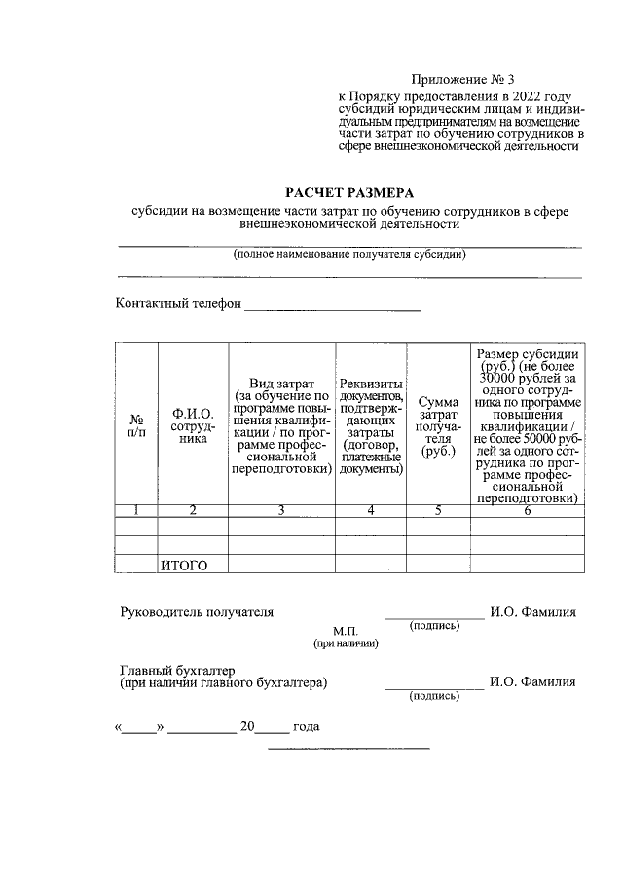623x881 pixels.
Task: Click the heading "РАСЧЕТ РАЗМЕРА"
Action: (x=348, y=192)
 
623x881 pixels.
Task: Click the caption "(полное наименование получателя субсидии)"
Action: (x=348, y=256)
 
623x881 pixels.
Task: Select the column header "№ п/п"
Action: (x=136, y=424)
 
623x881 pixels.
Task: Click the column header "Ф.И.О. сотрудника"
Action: (x=193, y=424)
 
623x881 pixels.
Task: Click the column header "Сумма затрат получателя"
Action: (x=438, y=424)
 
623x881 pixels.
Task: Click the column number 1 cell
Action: (x=136, y=510)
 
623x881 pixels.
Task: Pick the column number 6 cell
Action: (x=527, y=510)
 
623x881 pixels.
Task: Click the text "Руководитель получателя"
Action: (x=196, y=612)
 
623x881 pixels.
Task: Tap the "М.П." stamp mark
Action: (x=346, y=631)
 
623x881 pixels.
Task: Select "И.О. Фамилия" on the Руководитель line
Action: (x=532, y=612)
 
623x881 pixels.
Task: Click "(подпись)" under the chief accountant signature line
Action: (x=434, y=696)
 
